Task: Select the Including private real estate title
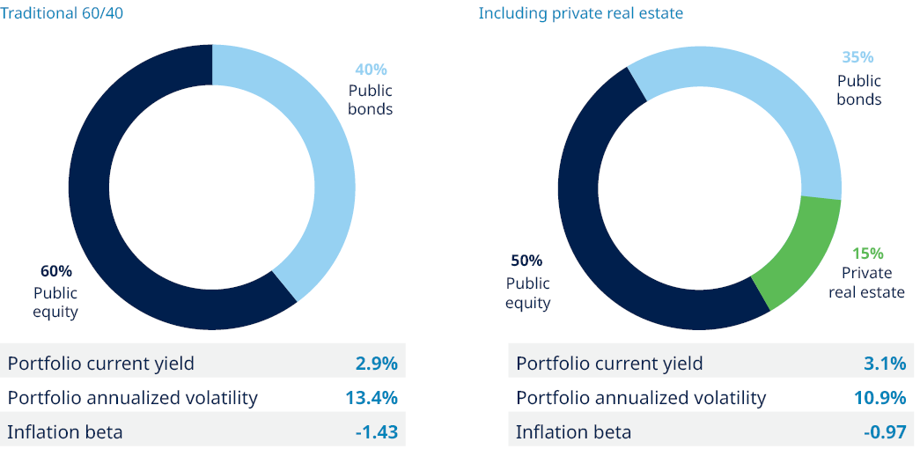(x=580, y=13)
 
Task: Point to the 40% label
(x=371, y=70)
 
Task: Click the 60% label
(x=56, y=271)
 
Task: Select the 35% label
(x=857, y=57)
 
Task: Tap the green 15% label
(x=867, y=253)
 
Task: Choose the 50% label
(x=526, y=261)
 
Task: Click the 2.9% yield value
(x=376, y=363)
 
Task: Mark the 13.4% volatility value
(x=372, y=397)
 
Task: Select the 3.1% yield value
(x=885, y=363)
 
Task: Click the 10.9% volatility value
(x=880, y=397)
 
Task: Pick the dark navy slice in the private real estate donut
(x=599, y=220)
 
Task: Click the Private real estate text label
(x=866, y=282)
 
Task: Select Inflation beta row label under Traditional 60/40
(x=65, y=431)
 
